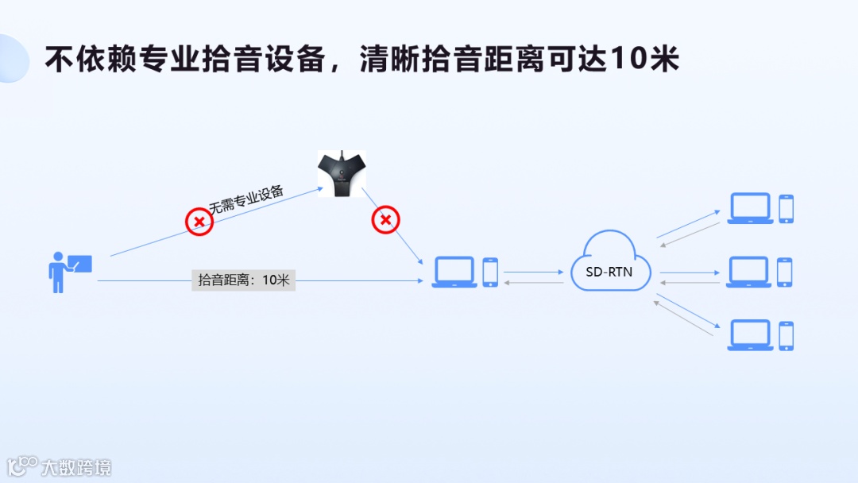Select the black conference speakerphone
[x=342, y=174]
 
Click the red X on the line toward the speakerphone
[x=199, y=222]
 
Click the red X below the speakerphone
[x=385, y=219]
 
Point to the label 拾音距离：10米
[x=243, y=280]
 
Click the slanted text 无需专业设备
[x=246, y=199]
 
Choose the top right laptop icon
[x=751, y=208]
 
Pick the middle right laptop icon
[x=749, y=272]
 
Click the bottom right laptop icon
[x=751, y=335]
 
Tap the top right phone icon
[x=786, y=208]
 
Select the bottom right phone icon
[x=786, y=335]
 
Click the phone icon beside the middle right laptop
[x=785, y=272]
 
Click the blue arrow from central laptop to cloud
[x=533, y=272]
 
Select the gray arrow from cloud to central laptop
[x=533, y=283]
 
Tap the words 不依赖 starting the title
[x=91, y=60]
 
